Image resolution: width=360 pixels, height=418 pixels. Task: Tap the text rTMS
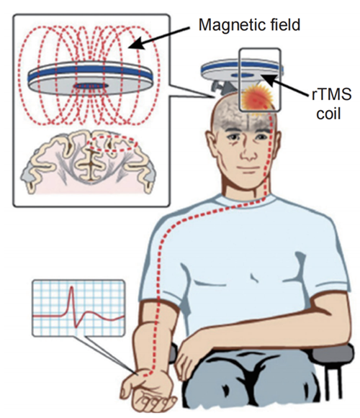(x=331, y=95)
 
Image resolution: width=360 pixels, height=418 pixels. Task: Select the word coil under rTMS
(x=328, y=114)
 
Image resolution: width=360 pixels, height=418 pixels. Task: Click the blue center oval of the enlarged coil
(x=91, y=86)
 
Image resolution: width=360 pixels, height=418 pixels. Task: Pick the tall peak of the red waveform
(x=71, y=288)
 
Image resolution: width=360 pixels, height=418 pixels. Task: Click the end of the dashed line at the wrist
(x=145, y=376)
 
